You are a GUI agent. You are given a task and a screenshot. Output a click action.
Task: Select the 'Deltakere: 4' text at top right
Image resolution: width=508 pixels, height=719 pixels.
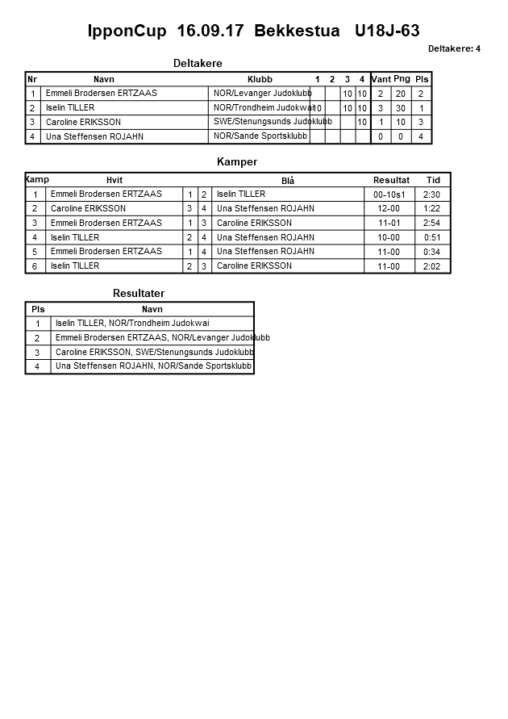(x=454, y=49)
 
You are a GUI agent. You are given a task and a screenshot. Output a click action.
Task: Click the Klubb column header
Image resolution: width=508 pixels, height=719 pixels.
(x=260, y=79)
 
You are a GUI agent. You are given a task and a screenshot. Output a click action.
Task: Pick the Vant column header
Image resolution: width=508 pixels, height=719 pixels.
(x=381, y=79)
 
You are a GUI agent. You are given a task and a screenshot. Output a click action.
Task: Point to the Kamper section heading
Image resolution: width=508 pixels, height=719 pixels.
(x=237, y=162)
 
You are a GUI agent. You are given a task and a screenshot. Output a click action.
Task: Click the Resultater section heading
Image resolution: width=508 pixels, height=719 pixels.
(x=138, y=293)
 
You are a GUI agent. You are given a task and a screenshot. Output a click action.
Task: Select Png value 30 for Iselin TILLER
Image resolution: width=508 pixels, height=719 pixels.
(x=402, y=108)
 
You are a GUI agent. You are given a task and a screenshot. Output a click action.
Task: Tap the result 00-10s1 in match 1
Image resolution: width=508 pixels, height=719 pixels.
(x=389, y=194)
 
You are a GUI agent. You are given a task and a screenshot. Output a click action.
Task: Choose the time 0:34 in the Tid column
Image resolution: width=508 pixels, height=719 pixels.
(x=432, y=252)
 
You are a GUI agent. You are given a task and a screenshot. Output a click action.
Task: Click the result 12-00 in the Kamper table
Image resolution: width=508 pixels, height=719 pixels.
(x=389, y=209)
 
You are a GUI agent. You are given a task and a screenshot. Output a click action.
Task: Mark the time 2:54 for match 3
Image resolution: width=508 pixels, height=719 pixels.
(x=432, y=223)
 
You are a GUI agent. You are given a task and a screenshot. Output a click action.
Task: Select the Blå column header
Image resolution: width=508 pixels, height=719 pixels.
(x=288, y=181)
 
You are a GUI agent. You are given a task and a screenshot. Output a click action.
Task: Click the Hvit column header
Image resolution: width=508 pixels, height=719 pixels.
(x=115, y=180)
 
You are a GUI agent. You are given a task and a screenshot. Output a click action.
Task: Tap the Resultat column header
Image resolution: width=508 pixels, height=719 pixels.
(x=391, y=180)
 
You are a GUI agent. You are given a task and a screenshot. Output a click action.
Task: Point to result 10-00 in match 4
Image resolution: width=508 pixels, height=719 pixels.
(x=389, y=238)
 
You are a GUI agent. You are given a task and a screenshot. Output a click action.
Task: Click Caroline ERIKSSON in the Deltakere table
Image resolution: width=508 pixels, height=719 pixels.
(x=83, y=122)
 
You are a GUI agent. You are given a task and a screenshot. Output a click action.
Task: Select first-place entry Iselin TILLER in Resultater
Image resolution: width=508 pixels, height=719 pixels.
(x=132, y=323)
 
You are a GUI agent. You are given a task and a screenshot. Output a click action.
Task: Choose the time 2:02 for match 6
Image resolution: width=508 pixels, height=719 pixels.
(x=432, y=266)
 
